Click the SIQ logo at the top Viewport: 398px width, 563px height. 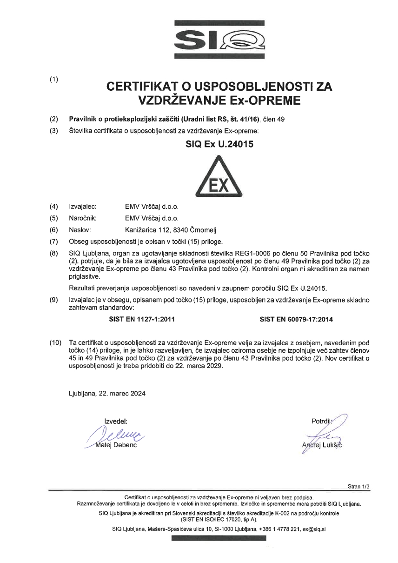click(219, 39)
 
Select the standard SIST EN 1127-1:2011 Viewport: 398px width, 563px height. click(141, 320)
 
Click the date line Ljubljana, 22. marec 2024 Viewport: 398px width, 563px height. click(107, 393)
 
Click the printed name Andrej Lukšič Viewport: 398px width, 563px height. click(321, 445)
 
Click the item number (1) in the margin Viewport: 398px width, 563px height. click(54, 79)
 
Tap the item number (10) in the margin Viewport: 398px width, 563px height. click(55, 343)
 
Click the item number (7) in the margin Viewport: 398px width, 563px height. click(54, 241)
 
